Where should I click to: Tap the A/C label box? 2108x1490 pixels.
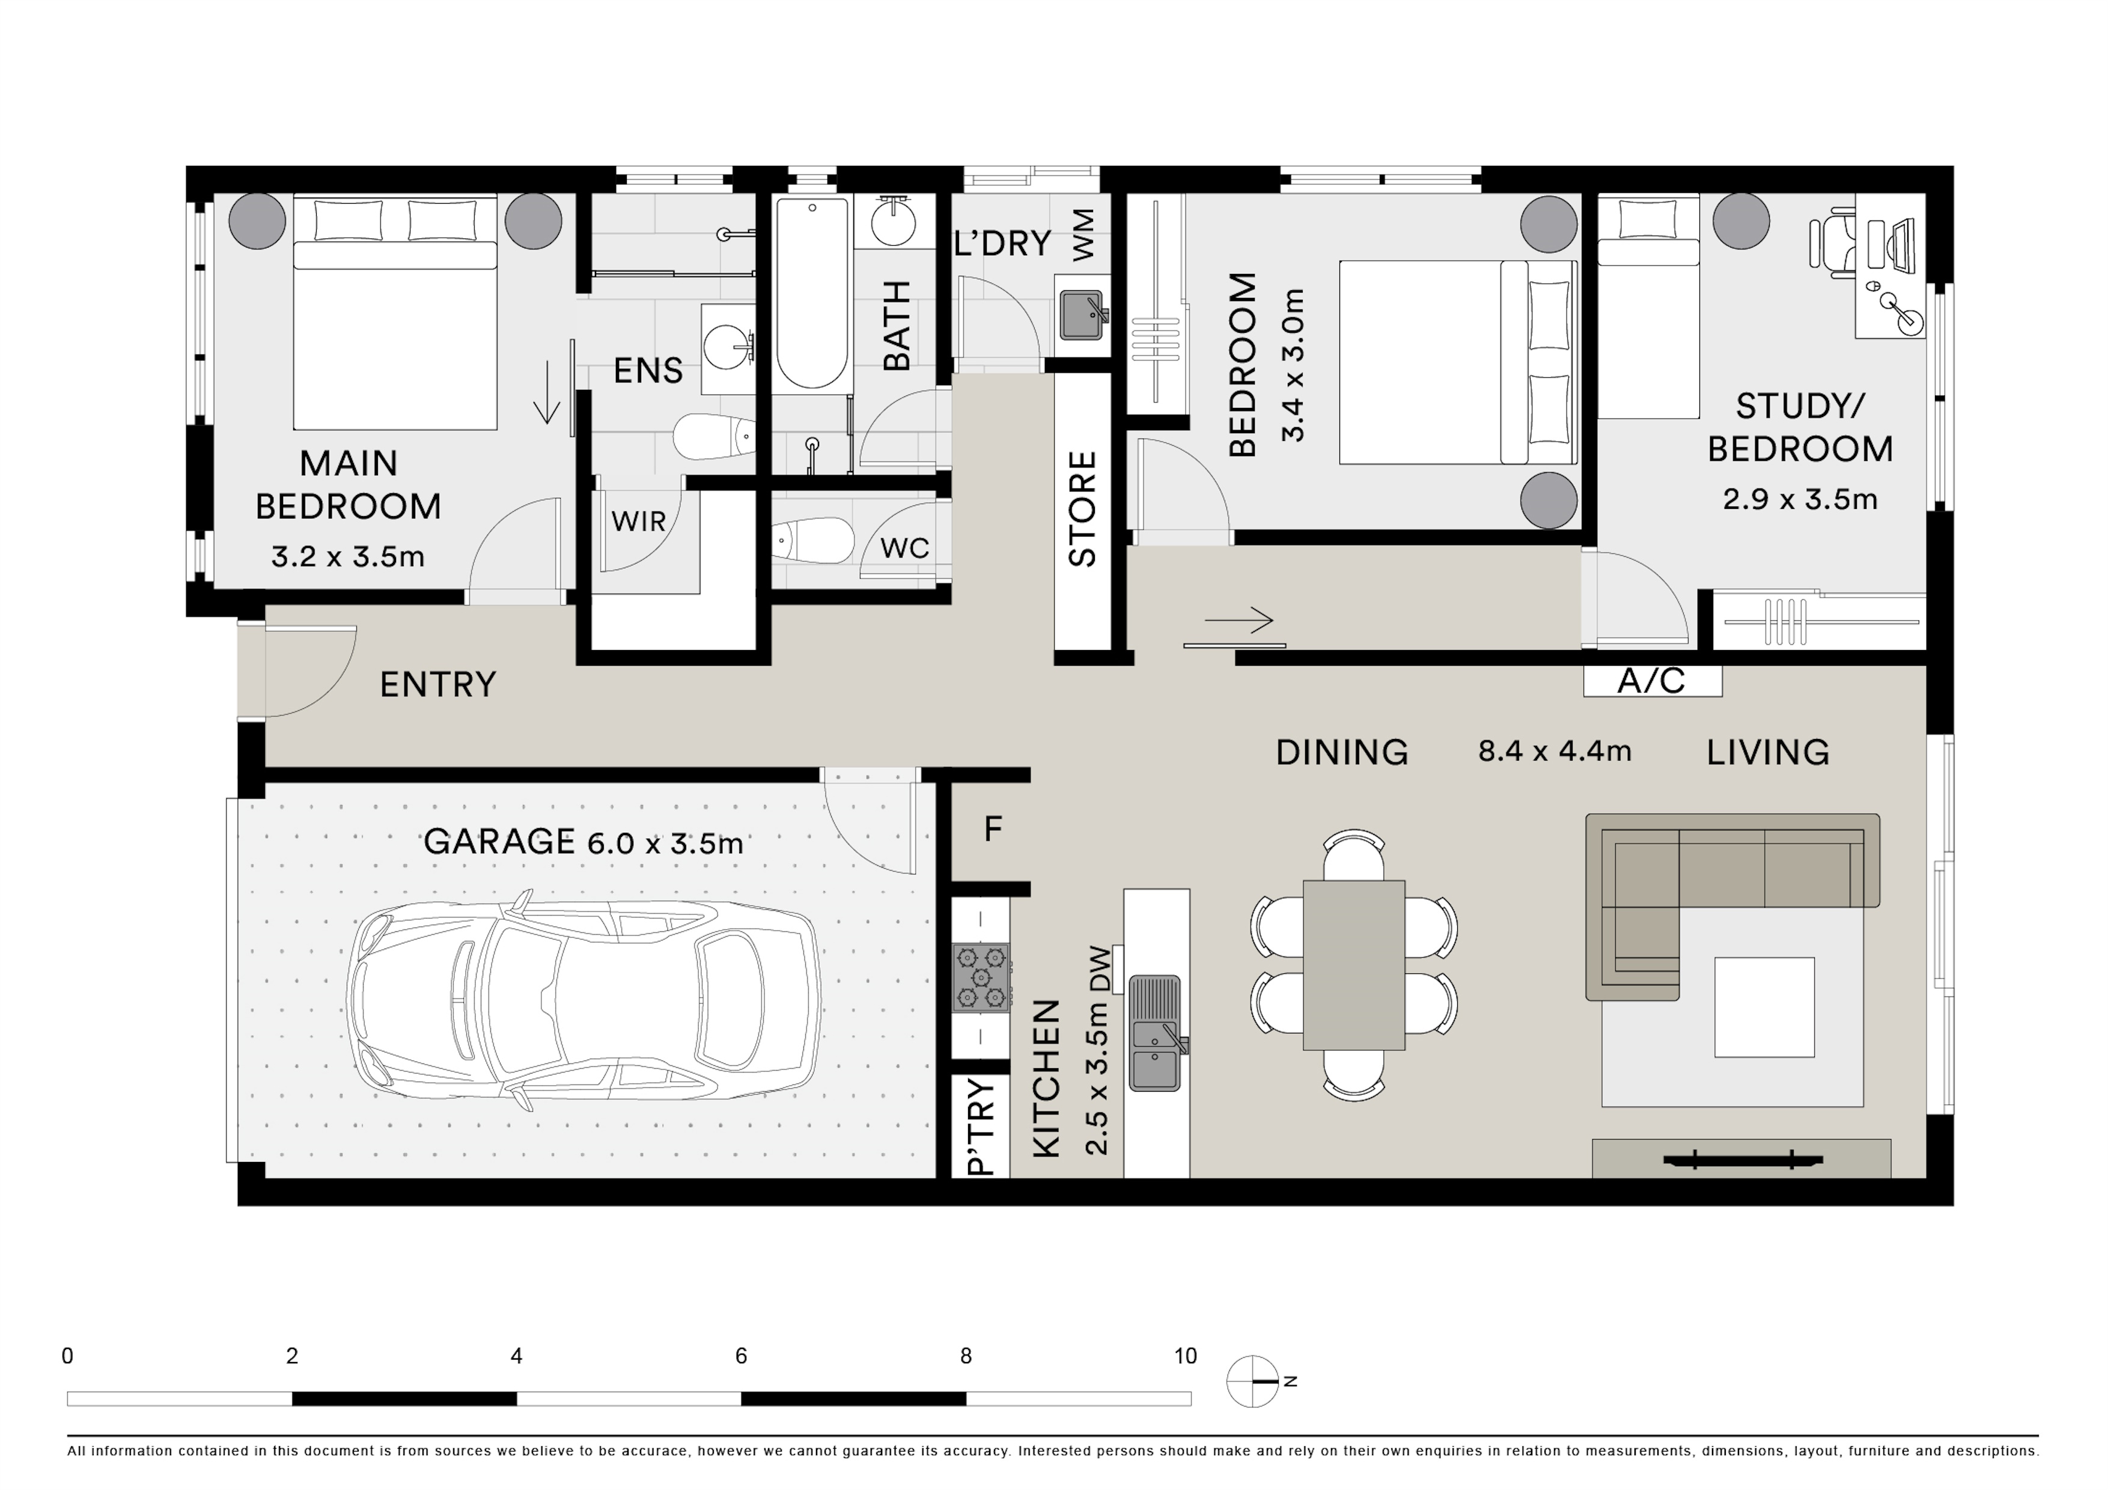pyautogui.click(x=1652, y=680)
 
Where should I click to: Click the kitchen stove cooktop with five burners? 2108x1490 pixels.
pyautogui.click(x=981, y=977)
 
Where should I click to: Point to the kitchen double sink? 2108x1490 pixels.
pyautogui.click(x=1155, y=1033)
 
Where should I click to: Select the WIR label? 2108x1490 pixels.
pyautogui.click(x=638, y=521)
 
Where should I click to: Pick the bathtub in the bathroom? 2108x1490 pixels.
pyautogui.click(x=812, y=293)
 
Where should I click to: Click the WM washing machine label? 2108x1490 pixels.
pyautogui.click(x=1083, y=234)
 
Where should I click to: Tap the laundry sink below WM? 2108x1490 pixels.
pyautogui.click(x=1082, y=315)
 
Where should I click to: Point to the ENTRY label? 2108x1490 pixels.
pyautogui.click(x=438, y=685)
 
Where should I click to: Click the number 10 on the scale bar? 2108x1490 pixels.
pyautogui.click(x=1185, y=1356)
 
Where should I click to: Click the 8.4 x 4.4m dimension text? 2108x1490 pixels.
pyautogui.click(x=1555, y=751)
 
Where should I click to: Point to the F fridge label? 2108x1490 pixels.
pyautogui.click(x=993, y=830)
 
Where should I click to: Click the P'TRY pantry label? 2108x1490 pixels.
pyautogui.click(x=981, y=1127)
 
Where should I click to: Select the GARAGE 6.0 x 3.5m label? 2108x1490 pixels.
pyautogui.click(x=583, y=842)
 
